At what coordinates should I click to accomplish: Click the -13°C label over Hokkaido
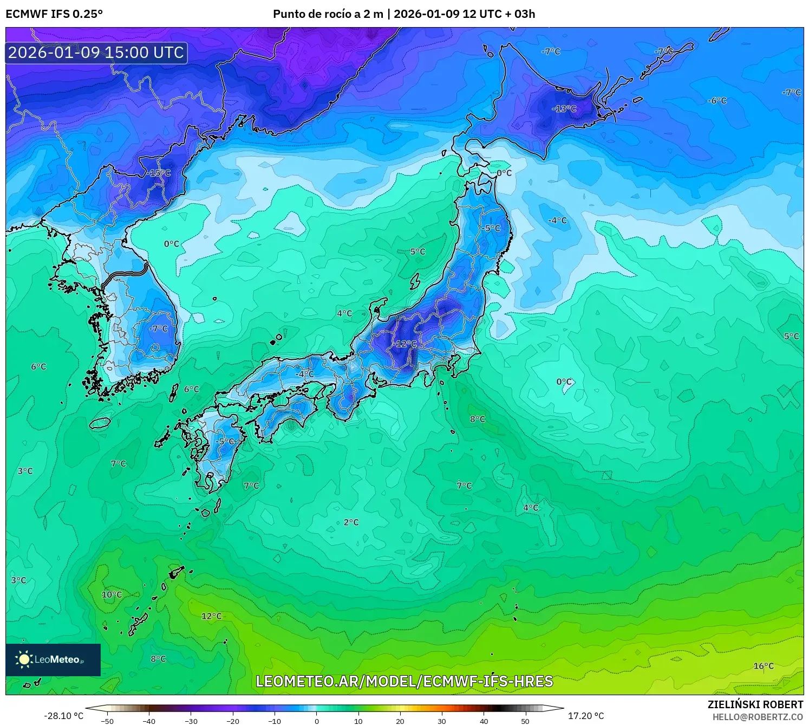tap(564, 109)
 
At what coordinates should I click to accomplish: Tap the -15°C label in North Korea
tap(159, 173)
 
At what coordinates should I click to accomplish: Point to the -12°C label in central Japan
tap(406, 344)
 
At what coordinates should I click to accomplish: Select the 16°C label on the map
tap(764, 666)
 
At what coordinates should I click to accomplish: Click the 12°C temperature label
tap(212, 616)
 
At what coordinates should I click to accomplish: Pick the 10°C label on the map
tap(112, 594)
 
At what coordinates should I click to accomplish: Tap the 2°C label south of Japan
tap(351, 522)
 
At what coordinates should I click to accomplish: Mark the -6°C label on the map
tap(717, 101)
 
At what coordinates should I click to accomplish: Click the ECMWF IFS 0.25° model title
tap(54, 14)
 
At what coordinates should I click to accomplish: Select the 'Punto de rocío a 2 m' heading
tap(328, 14)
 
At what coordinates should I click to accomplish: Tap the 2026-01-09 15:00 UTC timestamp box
tap(96, 53)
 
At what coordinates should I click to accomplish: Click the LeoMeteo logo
tap(53, 659)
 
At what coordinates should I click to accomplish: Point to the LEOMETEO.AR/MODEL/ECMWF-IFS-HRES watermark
tap(404, 681)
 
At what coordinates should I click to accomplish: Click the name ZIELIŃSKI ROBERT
tap(755, 704)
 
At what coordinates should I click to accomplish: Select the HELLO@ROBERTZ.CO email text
tap(758, 717)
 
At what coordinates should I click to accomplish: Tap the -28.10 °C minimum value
tap(63, 716)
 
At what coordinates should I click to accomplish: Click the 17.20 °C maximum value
tap(586, 716)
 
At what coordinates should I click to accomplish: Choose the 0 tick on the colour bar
tap(317, 721)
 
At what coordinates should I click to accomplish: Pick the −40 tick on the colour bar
tap(149, 721)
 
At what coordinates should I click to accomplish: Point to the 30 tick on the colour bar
tap(442, 721)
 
